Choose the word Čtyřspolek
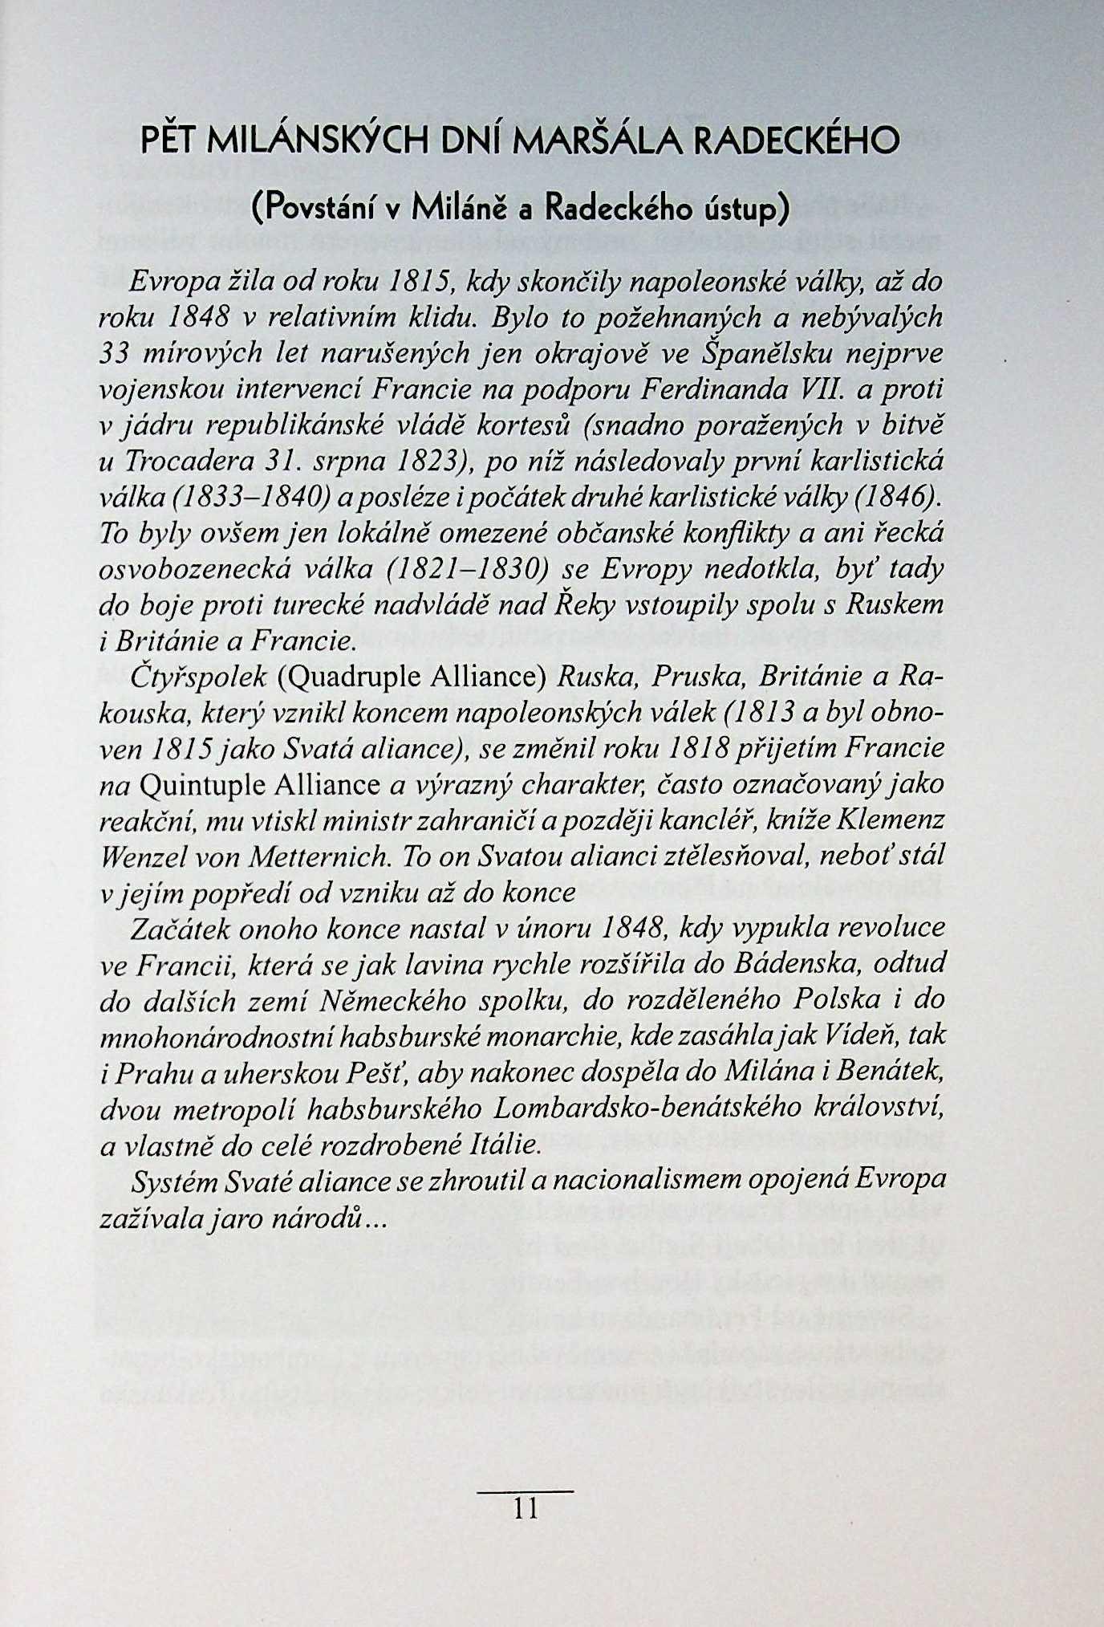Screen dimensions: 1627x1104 (198, 677)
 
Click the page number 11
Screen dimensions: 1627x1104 (526, 1510)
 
